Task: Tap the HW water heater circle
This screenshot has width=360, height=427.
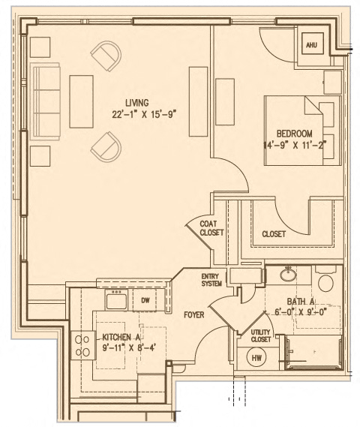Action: tap(257, 358)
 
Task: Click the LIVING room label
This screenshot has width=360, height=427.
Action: tap(137, 103)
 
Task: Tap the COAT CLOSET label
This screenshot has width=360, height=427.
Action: tap(208, 228)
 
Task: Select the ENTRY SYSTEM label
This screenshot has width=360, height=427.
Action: tap(211, 280)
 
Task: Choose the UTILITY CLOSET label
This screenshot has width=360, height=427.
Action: tap(260, 335)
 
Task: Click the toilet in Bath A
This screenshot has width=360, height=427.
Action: tap(325, 281)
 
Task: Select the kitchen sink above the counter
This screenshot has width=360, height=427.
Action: tap(116, 301)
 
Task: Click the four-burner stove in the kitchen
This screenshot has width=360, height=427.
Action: tap(81, 346)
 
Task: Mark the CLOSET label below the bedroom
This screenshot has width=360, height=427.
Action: tap(274, 234)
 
